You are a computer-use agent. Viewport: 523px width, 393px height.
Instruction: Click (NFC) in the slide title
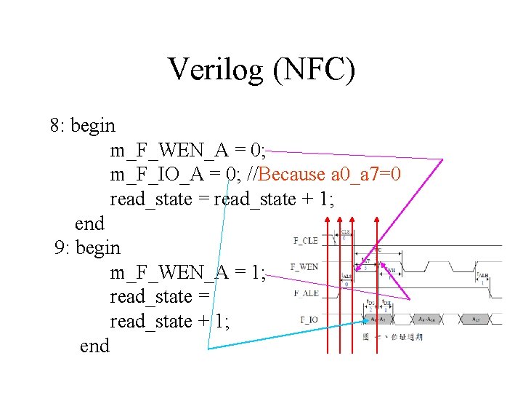314,70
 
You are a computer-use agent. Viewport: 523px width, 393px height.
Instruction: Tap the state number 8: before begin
58,125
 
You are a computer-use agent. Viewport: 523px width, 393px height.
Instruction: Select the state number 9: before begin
63,247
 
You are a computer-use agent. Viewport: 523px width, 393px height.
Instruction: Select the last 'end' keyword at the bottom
94,346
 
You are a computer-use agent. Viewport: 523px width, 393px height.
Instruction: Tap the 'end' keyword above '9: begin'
89,223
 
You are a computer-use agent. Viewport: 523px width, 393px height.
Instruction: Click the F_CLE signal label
306,240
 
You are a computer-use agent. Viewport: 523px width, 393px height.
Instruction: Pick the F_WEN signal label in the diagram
304,267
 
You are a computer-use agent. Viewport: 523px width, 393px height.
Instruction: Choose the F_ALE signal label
306,293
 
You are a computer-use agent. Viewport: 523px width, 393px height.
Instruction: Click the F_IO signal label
308,319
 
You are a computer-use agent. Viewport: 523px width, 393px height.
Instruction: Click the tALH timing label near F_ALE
483,276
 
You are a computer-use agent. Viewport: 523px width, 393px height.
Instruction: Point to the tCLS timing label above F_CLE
346,233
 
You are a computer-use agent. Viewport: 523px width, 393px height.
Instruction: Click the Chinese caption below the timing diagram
392,337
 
